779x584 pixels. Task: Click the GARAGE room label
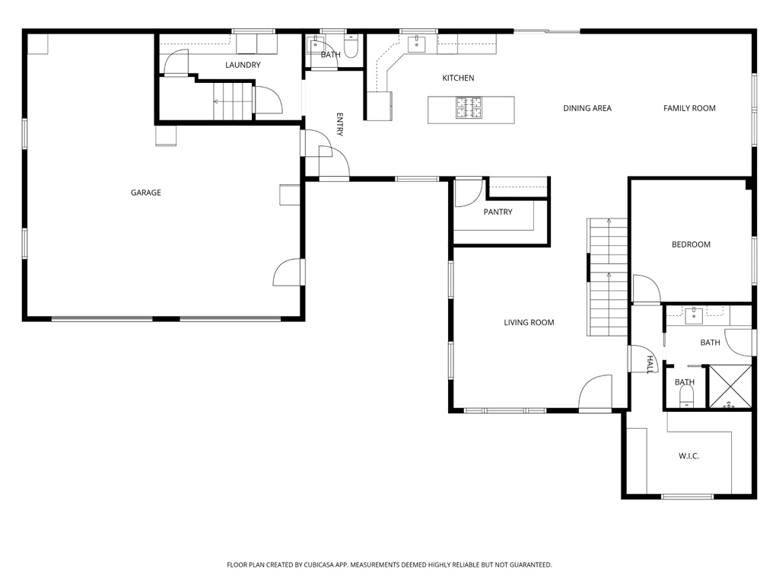(145, 193)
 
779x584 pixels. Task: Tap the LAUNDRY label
(243, 65)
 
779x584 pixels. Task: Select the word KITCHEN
(458, 78)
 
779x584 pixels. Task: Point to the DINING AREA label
(587, 108)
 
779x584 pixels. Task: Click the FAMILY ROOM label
(689, 108)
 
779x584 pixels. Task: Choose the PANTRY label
(498, 212)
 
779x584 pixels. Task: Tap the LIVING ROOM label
(529, 322)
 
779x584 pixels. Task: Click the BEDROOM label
(691, 244)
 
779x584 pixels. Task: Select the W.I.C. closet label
(688, 456)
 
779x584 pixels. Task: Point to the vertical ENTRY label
(340, 125)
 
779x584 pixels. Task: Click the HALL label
(650, 364)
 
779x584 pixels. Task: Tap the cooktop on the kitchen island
(469, 108)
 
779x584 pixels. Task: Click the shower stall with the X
(730, 388)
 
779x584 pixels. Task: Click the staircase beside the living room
(607, 278)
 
